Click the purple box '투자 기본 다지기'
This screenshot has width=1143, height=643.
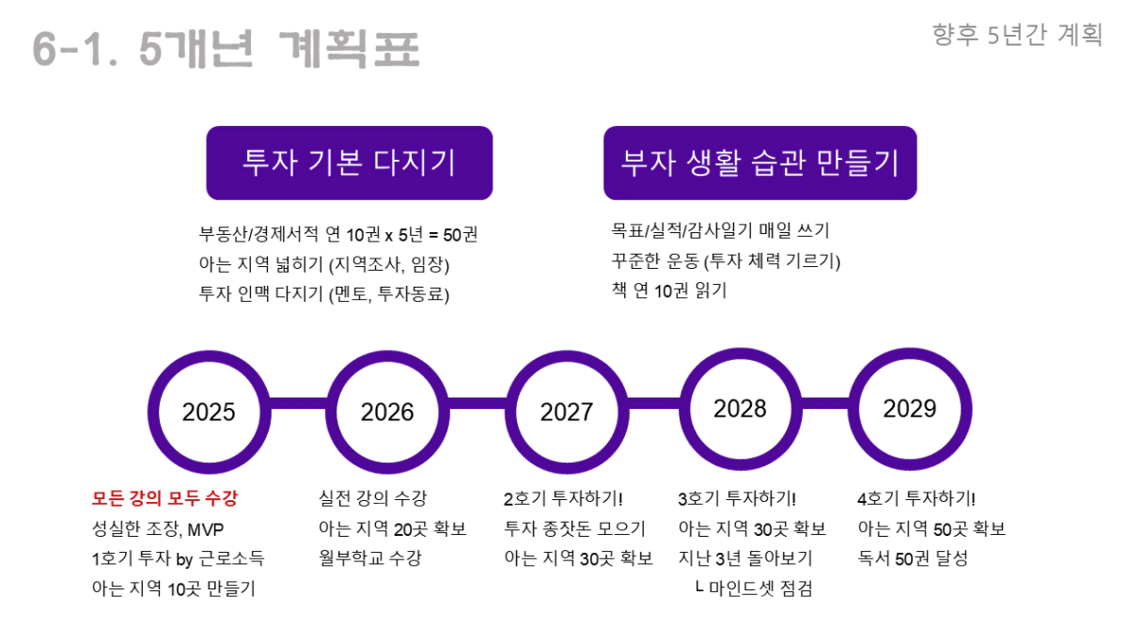pos(350,163)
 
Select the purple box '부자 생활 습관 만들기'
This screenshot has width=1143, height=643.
pos(760,163)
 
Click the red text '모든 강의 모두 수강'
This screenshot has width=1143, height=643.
pos(164,498)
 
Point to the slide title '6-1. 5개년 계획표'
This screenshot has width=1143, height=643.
pos(226,49)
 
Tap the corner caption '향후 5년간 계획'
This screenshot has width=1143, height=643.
pos(1017,35)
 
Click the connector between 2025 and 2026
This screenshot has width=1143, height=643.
pos(299,403)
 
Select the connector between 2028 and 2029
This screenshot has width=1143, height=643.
pos(825,403)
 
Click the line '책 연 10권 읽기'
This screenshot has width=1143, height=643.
pos(669,290)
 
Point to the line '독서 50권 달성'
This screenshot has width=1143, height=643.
pos(913,557)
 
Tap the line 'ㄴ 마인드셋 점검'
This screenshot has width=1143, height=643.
pos(754,588)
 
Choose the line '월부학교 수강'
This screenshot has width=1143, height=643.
pos(370,557)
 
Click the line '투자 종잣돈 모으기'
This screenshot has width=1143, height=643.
pos(575,528)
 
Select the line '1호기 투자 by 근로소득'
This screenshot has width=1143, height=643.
pos(178,558)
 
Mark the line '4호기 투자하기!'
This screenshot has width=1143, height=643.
pos(916,498)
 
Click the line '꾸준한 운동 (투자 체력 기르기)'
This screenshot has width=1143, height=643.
pos(726,260)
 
